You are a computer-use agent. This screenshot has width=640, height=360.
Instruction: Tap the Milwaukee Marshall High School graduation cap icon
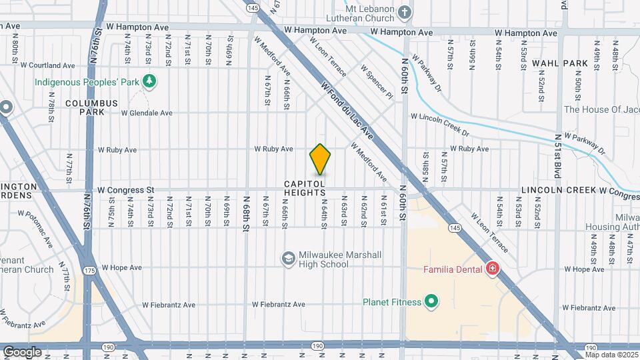point(288,259)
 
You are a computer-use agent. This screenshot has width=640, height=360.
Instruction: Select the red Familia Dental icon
point(493,269)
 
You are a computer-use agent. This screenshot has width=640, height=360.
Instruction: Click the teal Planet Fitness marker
point(431,302)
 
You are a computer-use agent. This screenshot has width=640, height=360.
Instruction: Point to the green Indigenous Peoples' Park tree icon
point(151,81)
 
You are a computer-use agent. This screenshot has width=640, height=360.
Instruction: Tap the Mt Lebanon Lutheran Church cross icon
point(404,11)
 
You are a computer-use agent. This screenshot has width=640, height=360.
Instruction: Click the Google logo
point(22,351)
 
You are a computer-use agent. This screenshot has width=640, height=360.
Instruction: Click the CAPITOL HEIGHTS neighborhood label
point(305,188)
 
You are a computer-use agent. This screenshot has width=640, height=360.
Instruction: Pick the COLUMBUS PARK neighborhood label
point(91,108)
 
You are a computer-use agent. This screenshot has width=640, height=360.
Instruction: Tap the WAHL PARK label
point(559,63)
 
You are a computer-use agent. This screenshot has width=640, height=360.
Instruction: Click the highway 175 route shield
point(90,270)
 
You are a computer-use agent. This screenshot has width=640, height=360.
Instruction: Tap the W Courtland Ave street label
point(48,65)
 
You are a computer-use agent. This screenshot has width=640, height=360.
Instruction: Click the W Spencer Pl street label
point(377,81)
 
